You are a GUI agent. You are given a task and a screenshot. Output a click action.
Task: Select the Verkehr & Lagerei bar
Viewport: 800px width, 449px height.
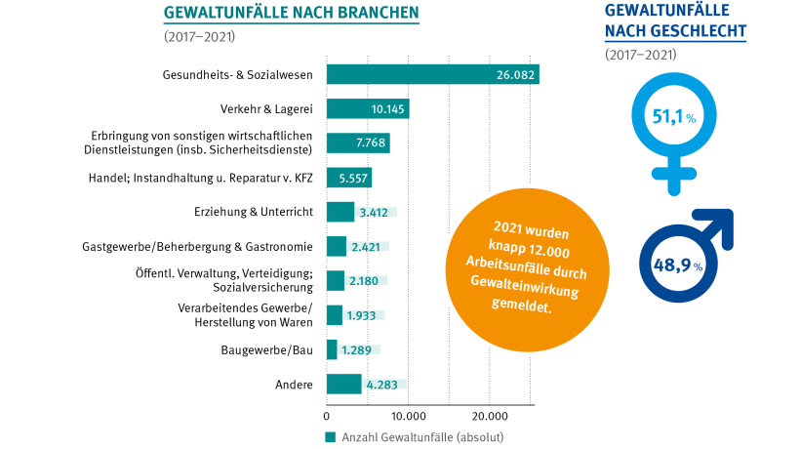point(367,108)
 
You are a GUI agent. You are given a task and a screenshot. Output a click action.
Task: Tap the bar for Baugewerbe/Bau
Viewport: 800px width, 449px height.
point(332,349)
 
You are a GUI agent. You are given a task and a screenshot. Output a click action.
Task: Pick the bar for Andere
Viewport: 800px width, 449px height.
point(343,384)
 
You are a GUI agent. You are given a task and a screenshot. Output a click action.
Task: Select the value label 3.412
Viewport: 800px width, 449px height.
point(376,212)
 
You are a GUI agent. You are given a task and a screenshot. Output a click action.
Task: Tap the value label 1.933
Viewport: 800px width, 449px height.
point(363,315)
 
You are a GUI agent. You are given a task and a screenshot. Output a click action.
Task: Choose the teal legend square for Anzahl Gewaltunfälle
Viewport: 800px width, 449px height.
point(330,436)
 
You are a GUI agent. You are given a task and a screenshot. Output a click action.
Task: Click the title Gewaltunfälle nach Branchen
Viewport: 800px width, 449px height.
point(292,13)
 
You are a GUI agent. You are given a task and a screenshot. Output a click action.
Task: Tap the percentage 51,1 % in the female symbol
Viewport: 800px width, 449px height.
point(672,117)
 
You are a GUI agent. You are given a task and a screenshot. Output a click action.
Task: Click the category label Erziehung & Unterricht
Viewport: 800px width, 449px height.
point(254,212)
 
